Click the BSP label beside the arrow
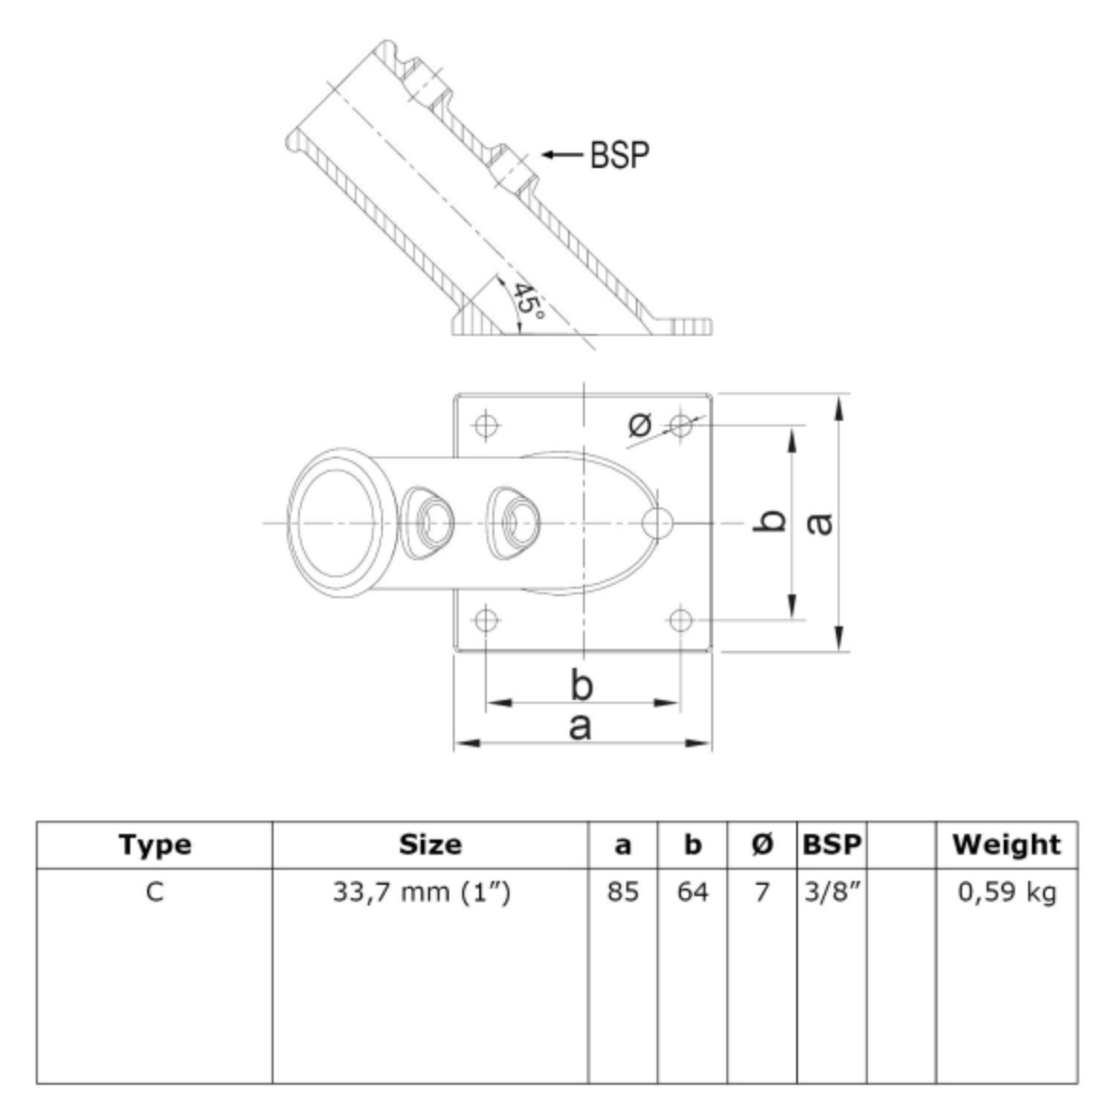pyautogui.click(x=620, y=155)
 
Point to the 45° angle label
pyautogui.click(x=529, y=299)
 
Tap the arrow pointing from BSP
pyautogui.click(x=562, y=155)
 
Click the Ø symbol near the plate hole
pyautogui.click(x=640, y=424)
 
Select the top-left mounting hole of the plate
pyautogui.click(x=486, y=425)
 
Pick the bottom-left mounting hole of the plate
pyautogui.click(x=486, y=620)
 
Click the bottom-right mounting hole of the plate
pyautogui.click(x=680, y=620)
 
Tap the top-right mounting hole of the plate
pyautogui.click(x=680, y=425)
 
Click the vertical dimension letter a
pyautogui.click(x=819, y=524)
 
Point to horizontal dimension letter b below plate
pyautogui.click(x=582, y=685)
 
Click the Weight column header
pyautogui.click(x=1007, y=844)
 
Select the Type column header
pyautogui.click(x=155, y=845)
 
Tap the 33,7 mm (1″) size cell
pyautogui.click(x=422, y=891)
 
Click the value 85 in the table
pyautogui.click(x=623, y=891)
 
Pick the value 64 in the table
pyautogui.click(x=692, y=891)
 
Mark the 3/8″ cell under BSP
pyautogui.click(x=832, y=891)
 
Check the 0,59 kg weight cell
pyautogui.click(x=1007, y=892)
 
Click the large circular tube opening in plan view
pyautogui.click(x=339, y=523)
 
